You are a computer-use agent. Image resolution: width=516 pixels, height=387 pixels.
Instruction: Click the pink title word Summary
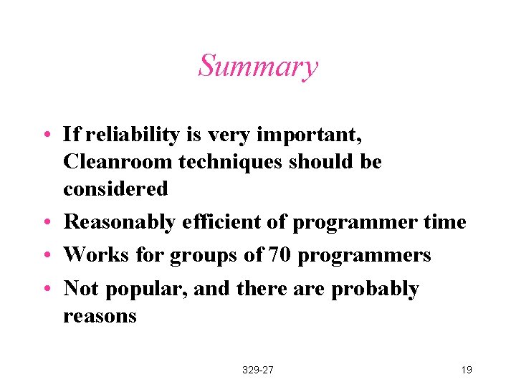point(258,67)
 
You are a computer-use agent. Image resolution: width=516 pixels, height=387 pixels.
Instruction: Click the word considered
point(115,189)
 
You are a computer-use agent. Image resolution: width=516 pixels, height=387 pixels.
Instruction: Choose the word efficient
point(216,222)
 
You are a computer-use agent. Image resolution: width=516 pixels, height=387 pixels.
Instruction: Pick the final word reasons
point(100,316)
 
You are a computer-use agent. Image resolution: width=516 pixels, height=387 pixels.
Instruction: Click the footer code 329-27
point(258,370)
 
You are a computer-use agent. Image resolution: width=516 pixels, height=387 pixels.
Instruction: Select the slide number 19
point(466,370)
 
